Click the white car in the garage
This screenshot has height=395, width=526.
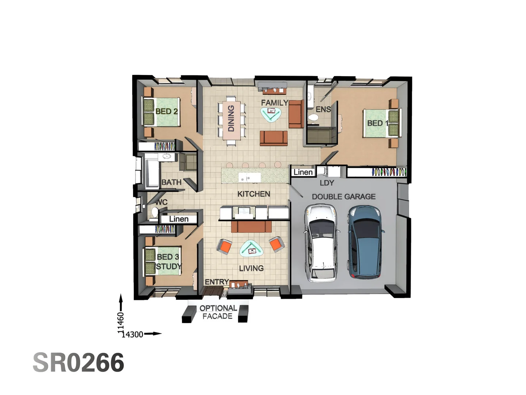322,243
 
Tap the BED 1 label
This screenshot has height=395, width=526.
377,123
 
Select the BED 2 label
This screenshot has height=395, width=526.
166,111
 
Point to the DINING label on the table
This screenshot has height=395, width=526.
231,118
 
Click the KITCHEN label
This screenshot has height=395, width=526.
254,194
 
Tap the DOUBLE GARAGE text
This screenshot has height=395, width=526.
343,197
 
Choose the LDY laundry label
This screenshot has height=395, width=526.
327,183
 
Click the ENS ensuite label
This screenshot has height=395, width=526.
323,109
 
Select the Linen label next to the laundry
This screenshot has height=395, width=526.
303,172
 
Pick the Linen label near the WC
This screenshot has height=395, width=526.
179,219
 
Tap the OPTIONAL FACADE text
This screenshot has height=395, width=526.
218,312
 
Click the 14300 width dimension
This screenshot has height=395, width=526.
132,334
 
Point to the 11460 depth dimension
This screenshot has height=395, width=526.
121,322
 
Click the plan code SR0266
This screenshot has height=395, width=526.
79,363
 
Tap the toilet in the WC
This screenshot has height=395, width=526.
155,212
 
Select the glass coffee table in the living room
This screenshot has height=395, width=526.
251,249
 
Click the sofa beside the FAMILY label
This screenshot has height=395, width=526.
296,114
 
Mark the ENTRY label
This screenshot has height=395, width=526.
217,282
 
